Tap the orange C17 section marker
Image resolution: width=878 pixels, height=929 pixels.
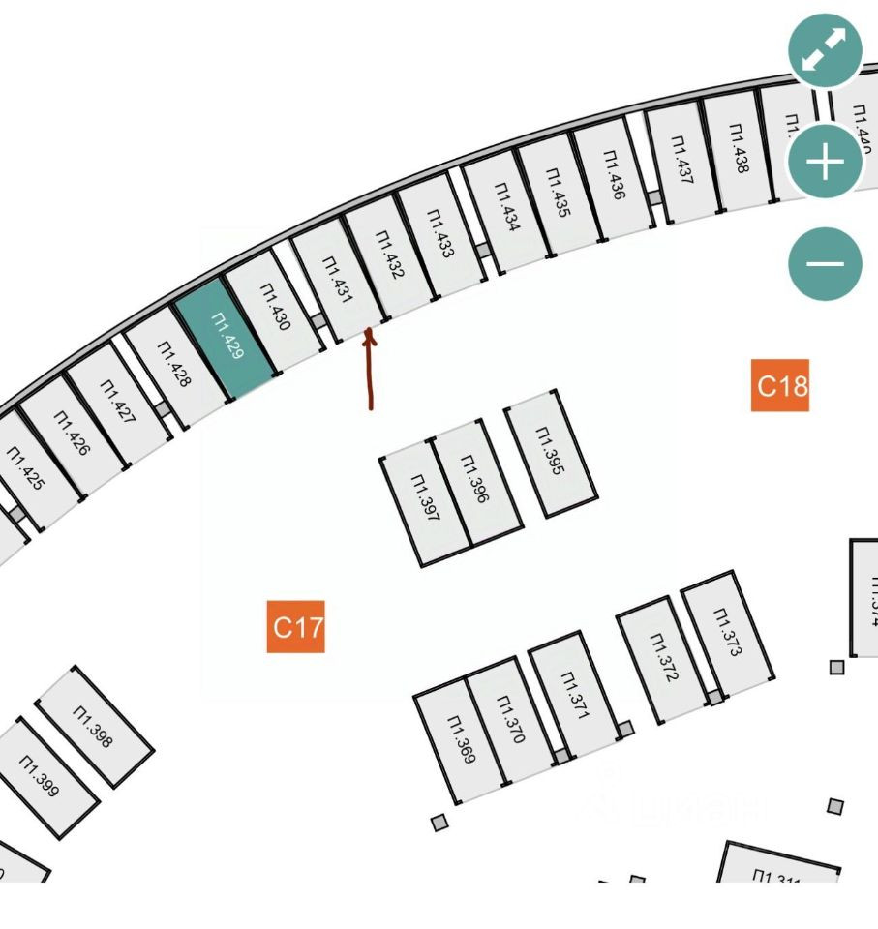click(x=296, y=627)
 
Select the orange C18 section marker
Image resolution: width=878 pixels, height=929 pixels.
click(x=780, y=386)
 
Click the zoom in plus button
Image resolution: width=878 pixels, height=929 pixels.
click(x=825, y=163)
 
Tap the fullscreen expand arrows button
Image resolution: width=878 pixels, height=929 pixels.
click(x=825, y=51)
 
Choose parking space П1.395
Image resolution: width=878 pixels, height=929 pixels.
click(x=550, y=452)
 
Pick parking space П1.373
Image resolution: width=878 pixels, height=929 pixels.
click(x=727, y=632)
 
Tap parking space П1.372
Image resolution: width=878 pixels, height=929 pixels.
click(x=662, y=657)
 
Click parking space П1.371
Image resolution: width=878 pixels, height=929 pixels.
click(x=574, y=695)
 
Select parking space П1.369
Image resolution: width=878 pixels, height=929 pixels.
click(x=461, y=740)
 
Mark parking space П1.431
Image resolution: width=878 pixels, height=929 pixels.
click(x=335, y=281)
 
